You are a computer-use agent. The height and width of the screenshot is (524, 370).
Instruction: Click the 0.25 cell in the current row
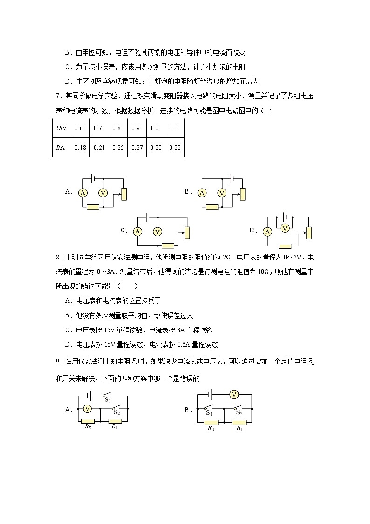[117, 148]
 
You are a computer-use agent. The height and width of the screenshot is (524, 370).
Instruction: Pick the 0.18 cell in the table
[80, 148]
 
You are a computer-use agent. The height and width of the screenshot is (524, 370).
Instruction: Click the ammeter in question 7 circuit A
[83, 192]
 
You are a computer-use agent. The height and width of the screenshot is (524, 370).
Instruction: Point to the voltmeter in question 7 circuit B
[222, 192]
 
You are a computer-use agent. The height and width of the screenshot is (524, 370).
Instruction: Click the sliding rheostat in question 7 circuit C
[187, 232]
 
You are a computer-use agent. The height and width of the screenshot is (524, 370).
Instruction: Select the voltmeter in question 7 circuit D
[285, 228]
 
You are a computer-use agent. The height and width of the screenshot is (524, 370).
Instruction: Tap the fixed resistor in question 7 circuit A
[93, 207]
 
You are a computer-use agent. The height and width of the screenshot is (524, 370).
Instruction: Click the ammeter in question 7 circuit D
[267, 231]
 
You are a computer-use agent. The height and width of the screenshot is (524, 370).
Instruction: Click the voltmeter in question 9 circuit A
[87, 409]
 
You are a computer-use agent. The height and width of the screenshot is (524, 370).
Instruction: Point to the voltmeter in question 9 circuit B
[234, 395]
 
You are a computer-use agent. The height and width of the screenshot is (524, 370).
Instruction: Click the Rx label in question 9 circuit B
[211, 428]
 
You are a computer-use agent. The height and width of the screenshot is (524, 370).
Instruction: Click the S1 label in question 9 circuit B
[209, 413]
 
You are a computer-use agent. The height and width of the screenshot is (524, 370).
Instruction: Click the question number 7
[57, 97]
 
